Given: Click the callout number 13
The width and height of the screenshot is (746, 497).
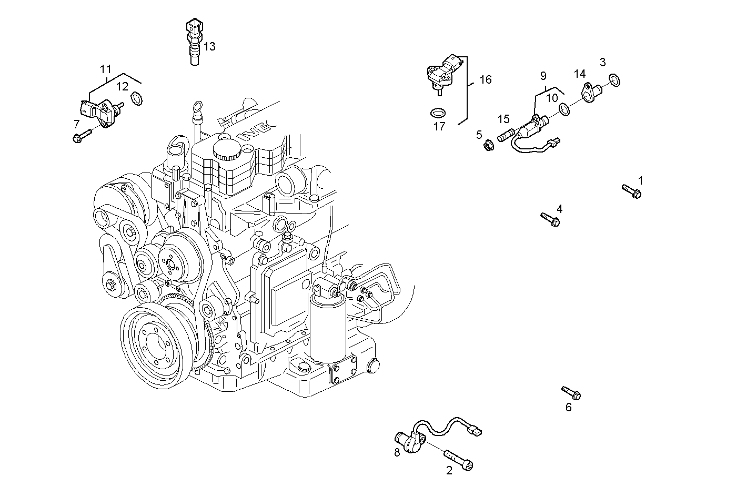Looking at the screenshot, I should pyautogui.click(x=209, y=47).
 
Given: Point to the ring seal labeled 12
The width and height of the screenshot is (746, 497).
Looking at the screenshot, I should pyautogui.click(x=136, y=98).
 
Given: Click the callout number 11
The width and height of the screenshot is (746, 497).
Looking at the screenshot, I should pyautogui.click(x=106, y=69).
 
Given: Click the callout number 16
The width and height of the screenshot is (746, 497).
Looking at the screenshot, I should pyautogui.click(x=485, y=79).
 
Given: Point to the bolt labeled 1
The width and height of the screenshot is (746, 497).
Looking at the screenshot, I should pyautogui.click(x=631, y=191).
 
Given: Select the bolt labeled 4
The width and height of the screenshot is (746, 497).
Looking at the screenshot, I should pyautogui.click(x=550, y=219).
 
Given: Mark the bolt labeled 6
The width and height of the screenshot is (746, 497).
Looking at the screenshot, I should pyautogui.click(x=571, y=392).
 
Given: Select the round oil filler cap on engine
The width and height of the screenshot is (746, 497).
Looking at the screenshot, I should pyautogui.click(x=227, y=150).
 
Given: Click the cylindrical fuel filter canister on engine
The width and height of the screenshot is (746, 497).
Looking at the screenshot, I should pyautogui.click(x=328, y=326).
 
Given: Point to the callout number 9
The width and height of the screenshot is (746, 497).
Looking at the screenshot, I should pyautogui.click(x=543, y=76).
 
